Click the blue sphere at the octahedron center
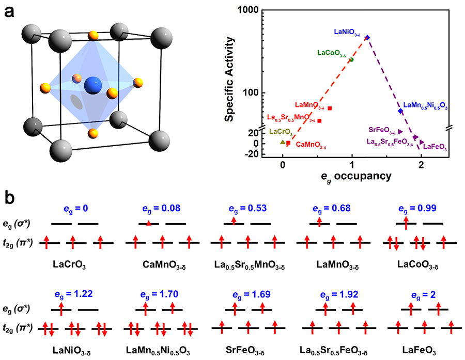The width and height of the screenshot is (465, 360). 93,84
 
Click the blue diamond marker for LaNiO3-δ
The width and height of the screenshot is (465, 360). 367,38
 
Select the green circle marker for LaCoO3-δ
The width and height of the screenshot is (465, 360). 351,60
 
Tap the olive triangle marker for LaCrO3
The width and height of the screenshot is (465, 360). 282,142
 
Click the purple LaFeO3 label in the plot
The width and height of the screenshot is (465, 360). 435,147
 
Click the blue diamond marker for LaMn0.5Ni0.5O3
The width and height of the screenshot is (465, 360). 400,111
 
